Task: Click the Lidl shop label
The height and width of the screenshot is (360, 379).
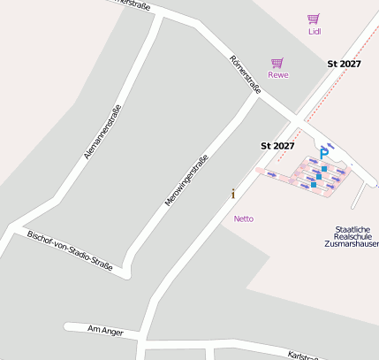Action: (315, 31)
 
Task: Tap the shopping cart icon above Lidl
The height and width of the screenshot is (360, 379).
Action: (314, 19)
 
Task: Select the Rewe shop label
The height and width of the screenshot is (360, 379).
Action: (278, 75)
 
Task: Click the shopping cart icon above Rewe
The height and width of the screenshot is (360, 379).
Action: (277, 63)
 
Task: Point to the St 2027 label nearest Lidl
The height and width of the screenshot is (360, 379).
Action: (344, 64)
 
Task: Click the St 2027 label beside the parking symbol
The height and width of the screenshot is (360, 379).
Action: (277, 145)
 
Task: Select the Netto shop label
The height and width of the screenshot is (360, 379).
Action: (244, 218)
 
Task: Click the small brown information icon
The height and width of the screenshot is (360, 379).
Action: (233, 194)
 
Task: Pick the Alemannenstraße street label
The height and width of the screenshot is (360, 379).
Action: (102, 132)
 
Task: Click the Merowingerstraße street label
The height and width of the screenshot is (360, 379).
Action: (186, 180)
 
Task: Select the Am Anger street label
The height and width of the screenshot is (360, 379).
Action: (102, 331)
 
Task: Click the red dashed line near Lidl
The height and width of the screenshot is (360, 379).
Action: (350, 53)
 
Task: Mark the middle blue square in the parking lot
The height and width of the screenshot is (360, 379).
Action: (319, 177)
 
